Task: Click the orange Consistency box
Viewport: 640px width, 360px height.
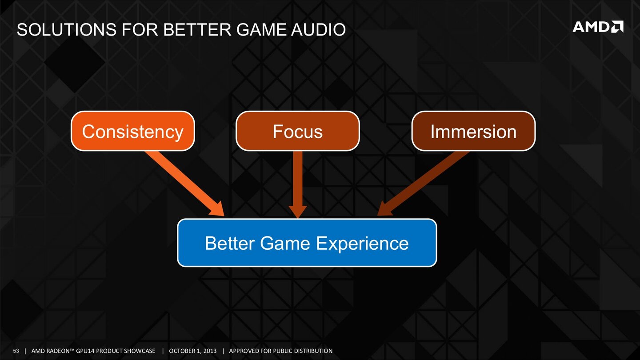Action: pyautogui.click(x=132, y=131)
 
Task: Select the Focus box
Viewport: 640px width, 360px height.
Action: pyautogui.click(x=297, y=131)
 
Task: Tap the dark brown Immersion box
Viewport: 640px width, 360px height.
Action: pyautogui.click(x=473, y=131)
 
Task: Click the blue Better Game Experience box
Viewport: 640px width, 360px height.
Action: pyautogui.click(x=307, y=243)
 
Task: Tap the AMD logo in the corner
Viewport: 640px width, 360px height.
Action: pyautogui.click(x=598, y=27)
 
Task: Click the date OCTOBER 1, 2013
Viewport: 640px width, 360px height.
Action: pyautogui.click(x=192, y=351)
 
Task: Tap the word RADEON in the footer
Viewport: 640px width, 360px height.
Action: pyautogui.click(x=59, y=351)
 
